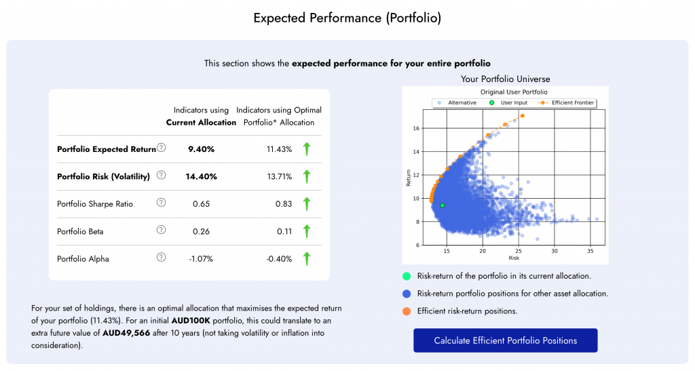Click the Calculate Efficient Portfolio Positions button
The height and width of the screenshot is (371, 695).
click(505, 340)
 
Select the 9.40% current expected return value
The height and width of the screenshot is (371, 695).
click(201, 149)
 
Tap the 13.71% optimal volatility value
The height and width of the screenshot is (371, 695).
click(279, 176)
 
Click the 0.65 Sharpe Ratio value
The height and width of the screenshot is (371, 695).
click(201, 203)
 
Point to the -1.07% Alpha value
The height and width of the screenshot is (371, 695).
click(201, 258)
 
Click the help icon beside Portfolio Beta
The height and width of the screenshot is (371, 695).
click(161, 230)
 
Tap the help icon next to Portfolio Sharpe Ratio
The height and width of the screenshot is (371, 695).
click(161, 202)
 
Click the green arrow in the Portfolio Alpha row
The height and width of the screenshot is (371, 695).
click(307, 258)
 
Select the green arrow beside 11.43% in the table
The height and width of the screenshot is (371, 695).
click(307, 149)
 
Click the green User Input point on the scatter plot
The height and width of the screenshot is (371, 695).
click(443, 206)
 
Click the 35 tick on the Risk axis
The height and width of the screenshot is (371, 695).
click(590, 251)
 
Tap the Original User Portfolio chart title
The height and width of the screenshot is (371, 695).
click(514, 92)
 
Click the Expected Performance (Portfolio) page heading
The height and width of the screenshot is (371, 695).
click(347, 18)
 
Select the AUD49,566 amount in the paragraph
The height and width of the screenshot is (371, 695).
click(129, 333)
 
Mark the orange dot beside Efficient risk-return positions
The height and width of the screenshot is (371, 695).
click(407, 311)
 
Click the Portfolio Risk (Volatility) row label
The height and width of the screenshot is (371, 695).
click(103, 176)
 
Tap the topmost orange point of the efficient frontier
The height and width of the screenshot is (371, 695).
click(522, 116)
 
